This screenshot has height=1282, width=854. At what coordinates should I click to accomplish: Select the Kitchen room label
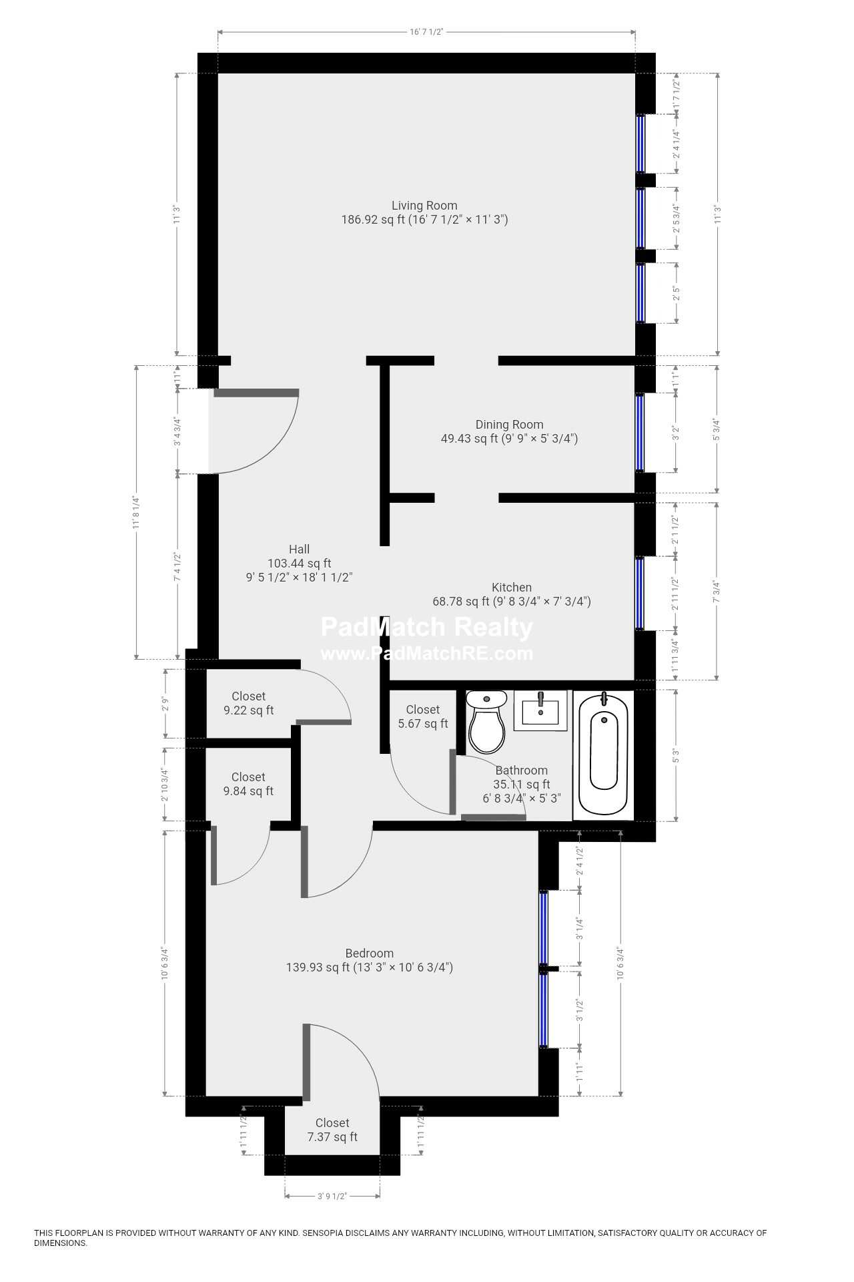512,588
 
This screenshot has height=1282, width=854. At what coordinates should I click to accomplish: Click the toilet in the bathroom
486,722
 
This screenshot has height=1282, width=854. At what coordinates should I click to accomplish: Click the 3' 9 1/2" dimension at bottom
332,1196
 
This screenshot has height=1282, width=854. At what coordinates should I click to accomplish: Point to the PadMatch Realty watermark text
427,628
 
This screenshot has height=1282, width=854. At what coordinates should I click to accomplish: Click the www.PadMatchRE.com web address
427,654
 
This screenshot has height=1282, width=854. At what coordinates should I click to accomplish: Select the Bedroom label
369,953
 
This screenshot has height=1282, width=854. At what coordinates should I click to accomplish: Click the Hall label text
299,550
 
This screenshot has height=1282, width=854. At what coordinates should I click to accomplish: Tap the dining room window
640,433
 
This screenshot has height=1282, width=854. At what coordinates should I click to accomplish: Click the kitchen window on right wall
640,594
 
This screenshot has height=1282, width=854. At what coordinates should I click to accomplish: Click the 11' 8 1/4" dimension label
136,512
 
